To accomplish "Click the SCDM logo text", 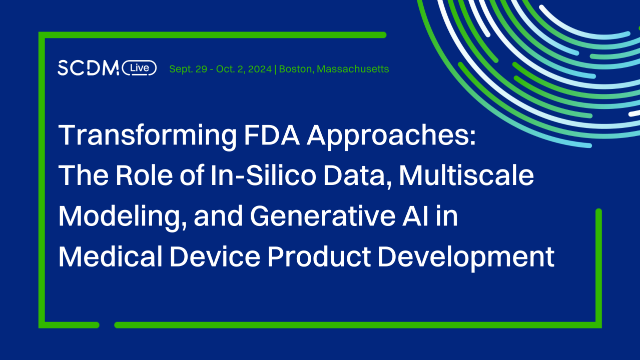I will point(88,68).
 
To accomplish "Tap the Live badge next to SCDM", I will point(139,68).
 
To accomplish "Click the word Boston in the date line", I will point(295,69).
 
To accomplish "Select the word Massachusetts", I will point(353,69).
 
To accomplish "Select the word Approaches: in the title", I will point(391,136).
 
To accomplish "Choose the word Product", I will point(319,257).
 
